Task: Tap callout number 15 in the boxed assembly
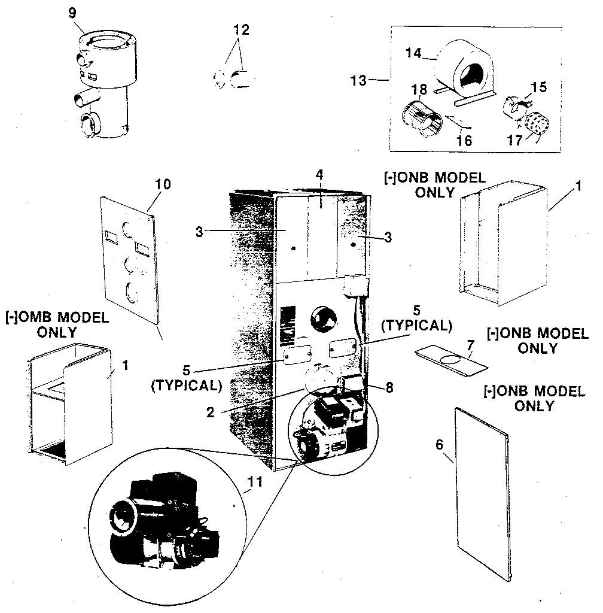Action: click(x=539, y=87)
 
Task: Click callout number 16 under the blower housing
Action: click(x=464, y=141)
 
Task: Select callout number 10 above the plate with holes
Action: click(x=163, y=184)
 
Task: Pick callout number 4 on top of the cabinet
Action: click(x=319, y=175)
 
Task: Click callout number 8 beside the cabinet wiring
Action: click(x=389, y=387)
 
